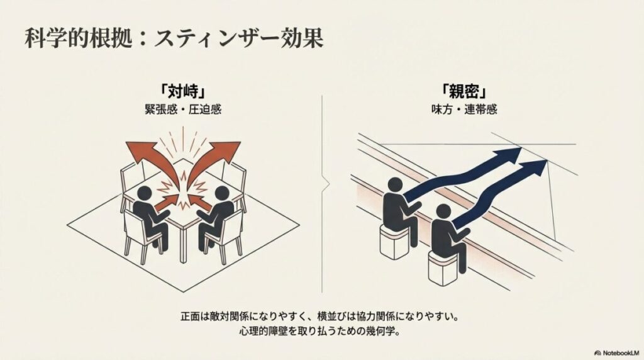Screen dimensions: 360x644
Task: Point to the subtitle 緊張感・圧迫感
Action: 183,109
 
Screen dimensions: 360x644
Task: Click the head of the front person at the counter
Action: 443,211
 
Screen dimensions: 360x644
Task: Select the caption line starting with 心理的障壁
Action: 321,330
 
